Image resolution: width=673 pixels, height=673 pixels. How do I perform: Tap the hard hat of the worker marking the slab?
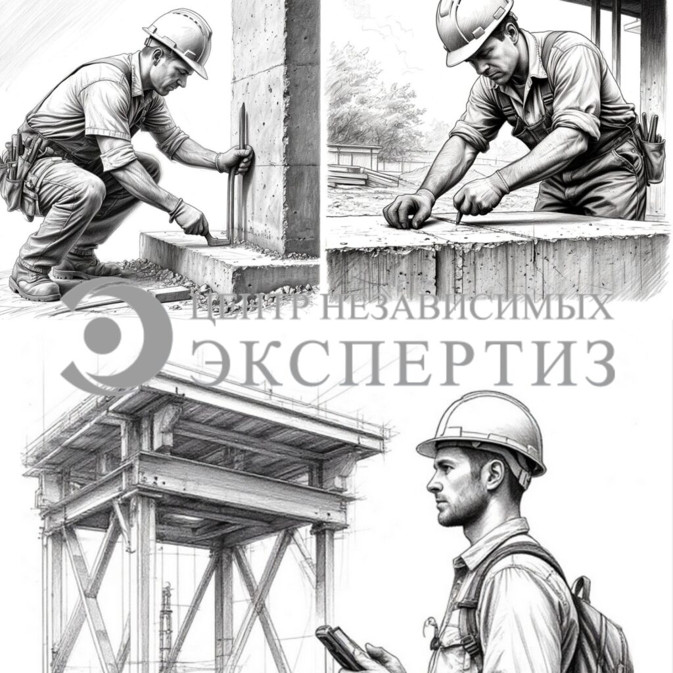[x=472, y=28]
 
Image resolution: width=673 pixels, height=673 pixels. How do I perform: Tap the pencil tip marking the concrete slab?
[x=458, y=222]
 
